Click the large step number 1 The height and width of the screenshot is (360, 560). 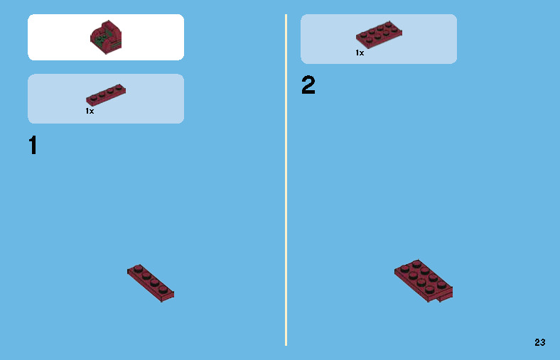[33, 146]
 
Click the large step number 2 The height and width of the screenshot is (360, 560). [308, 86]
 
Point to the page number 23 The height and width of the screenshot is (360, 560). [540, 342]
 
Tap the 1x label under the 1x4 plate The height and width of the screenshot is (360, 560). [90, 111]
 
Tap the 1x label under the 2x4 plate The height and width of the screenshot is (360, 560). [360, 53]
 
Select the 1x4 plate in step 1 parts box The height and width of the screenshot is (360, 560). [106, 95]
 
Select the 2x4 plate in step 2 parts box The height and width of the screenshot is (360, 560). [379, 34]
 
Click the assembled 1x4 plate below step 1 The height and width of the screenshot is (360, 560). [151, 282]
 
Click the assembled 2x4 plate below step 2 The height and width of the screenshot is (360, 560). [424, 280]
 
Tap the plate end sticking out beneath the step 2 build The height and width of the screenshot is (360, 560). [446, 295]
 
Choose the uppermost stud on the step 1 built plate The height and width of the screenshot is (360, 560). [138, 268]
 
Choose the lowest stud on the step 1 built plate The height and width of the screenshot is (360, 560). [163, 289]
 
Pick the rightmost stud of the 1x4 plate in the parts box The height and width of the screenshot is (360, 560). [119, 88]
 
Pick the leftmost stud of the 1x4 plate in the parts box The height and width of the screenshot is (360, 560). [92, 97]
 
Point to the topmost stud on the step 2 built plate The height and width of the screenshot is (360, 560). [417, 264]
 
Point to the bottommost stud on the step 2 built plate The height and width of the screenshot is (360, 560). [430, 289]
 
